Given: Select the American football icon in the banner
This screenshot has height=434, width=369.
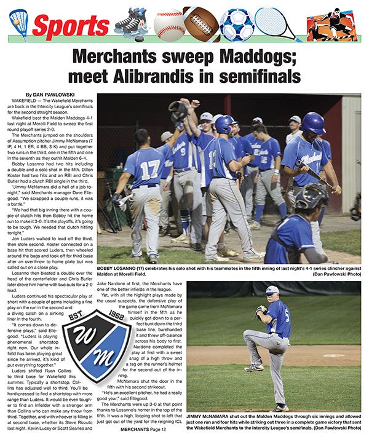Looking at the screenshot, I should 201,23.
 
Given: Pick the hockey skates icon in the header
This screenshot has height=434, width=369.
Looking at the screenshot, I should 131,24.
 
